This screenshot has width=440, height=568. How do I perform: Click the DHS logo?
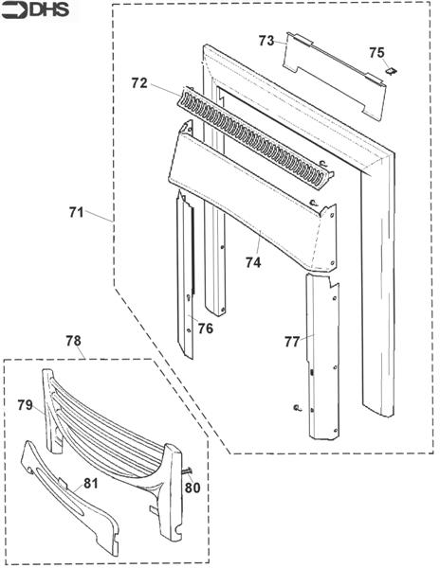(35, 10)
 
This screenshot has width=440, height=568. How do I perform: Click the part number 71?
(76, 213)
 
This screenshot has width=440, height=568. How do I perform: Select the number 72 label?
(139, 83)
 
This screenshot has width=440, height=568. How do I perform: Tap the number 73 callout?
(266, 41)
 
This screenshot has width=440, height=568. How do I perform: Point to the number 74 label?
(253, 262)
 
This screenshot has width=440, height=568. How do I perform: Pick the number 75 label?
(376, 53)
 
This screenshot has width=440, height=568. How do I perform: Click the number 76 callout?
(206, 328)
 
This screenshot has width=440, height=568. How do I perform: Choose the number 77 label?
(292, 342)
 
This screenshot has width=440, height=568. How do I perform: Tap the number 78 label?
(74, 341)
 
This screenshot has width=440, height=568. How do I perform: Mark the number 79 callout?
(25, 405)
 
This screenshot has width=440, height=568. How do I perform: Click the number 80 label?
(192, 488)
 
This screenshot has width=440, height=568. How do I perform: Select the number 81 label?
(91, 483)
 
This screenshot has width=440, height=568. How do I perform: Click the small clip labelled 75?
(391, 71)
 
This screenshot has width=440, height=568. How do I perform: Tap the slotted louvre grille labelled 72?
(254, 137)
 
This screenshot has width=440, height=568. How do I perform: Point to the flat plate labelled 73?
(333, 77)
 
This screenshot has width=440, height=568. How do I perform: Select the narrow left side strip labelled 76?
(185, 275)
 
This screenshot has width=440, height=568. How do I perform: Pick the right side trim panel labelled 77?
(322, 357)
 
